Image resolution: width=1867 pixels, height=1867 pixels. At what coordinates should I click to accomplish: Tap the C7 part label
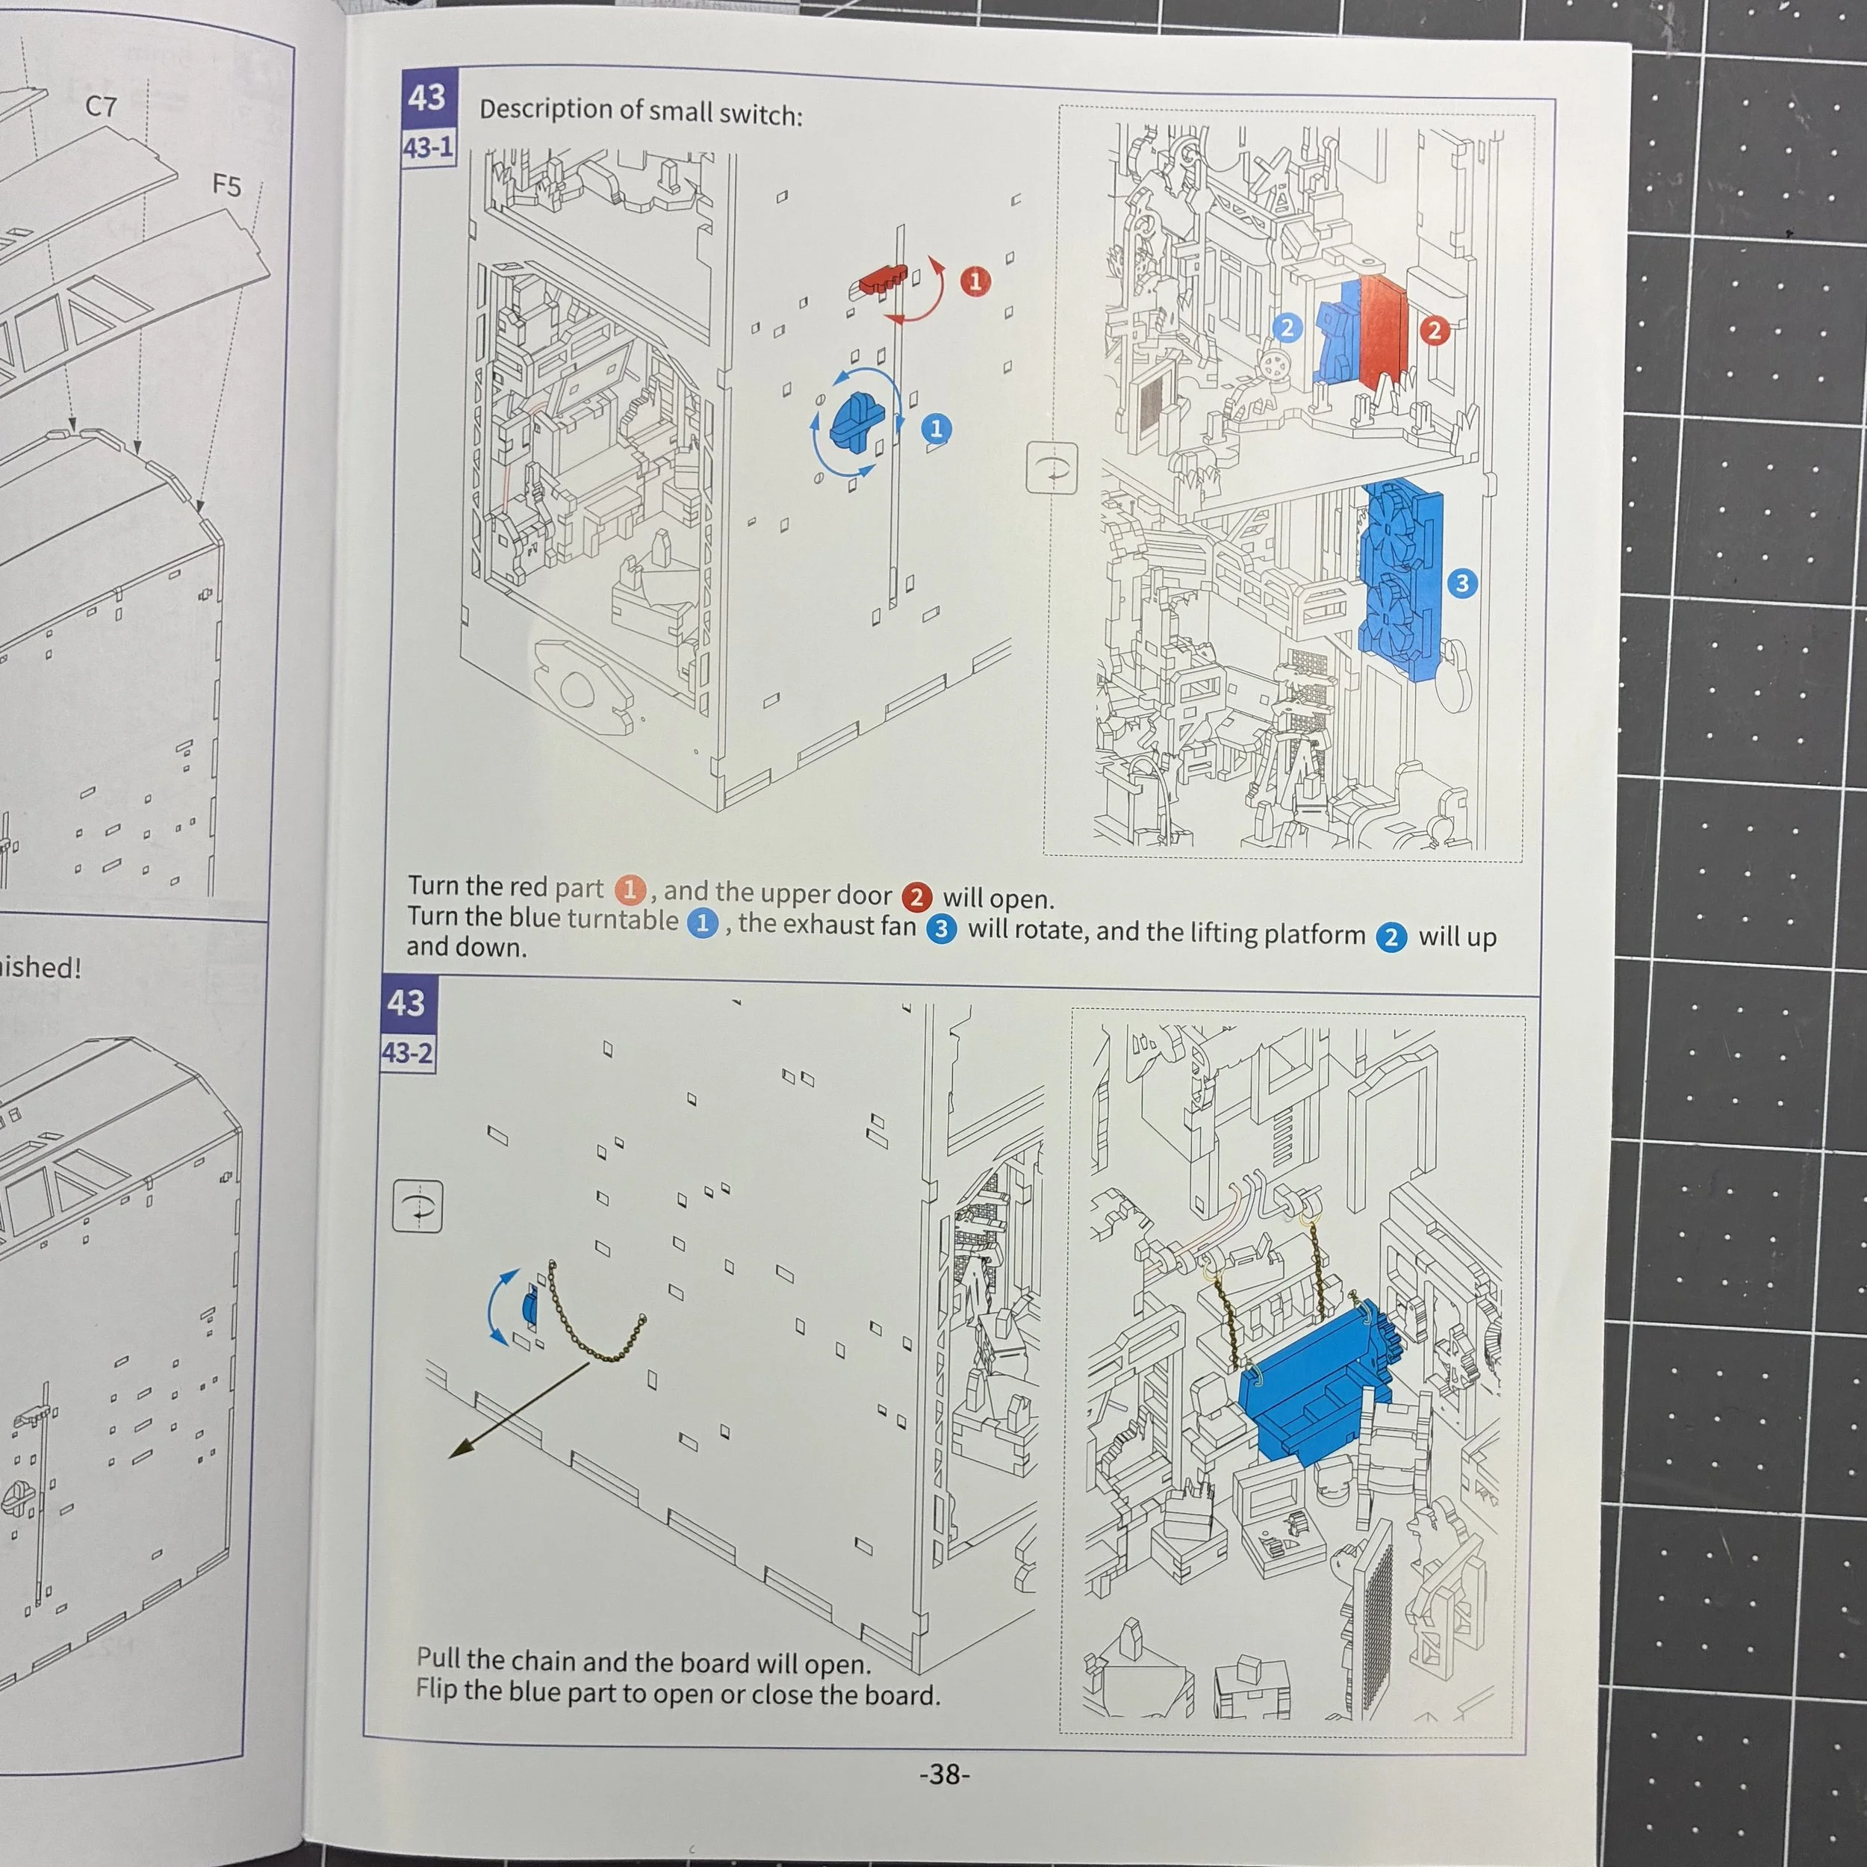(x=102, y=105)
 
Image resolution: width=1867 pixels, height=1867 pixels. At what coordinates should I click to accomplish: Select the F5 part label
(x=227, y=184)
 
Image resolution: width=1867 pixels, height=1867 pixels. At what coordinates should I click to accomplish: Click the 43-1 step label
(x=428, y=148)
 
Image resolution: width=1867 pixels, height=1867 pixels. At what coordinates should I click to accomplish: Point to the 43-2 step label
(x=407, y=1052)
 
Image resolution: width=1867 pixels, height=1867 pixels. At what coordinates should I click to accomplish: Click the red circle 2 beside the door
(x=1434, y=331)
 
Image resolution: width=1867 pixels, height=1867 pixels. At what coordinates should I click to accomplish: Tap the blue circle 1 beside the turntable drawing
(x=936, y=428)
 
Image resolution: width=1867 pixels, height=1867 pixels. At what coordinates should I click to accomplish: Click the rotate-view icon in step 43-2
(x=417, y=1206)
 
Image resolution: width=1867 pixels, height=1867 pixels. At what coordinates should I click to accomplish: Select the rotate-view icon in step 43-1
(x=1051, y=467)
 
